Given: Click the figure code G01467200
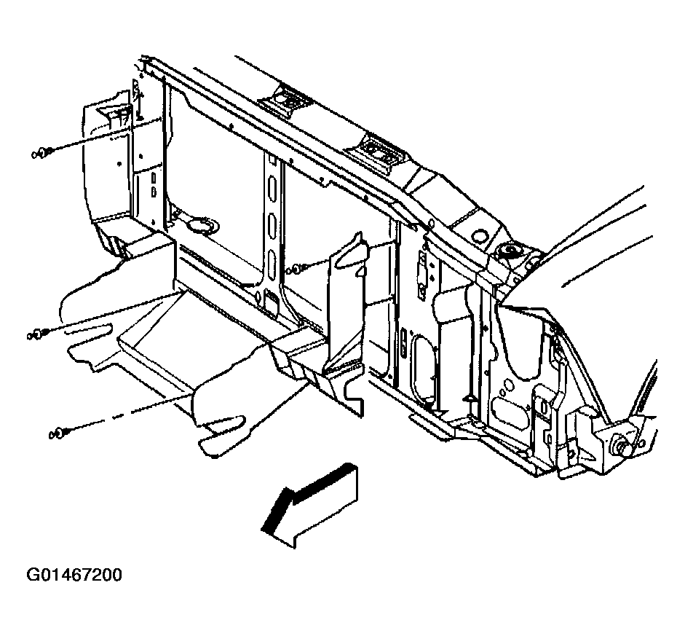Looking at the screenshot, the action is coord(74,575).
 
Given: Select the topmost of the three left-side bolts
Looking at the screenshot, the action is coord(42,153).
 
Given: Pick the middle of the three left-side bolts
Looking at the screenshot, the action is coord(38,335).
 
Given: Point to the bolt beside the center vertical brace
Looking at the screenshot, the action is coord(296,269).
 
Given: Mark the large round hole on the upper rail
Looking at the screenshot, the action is coord(481,235).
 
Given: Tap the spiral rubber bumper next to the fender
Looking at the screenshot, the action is coord(510,251).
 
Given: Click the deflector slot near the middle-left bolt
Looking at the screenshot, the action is coord(88,329).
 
